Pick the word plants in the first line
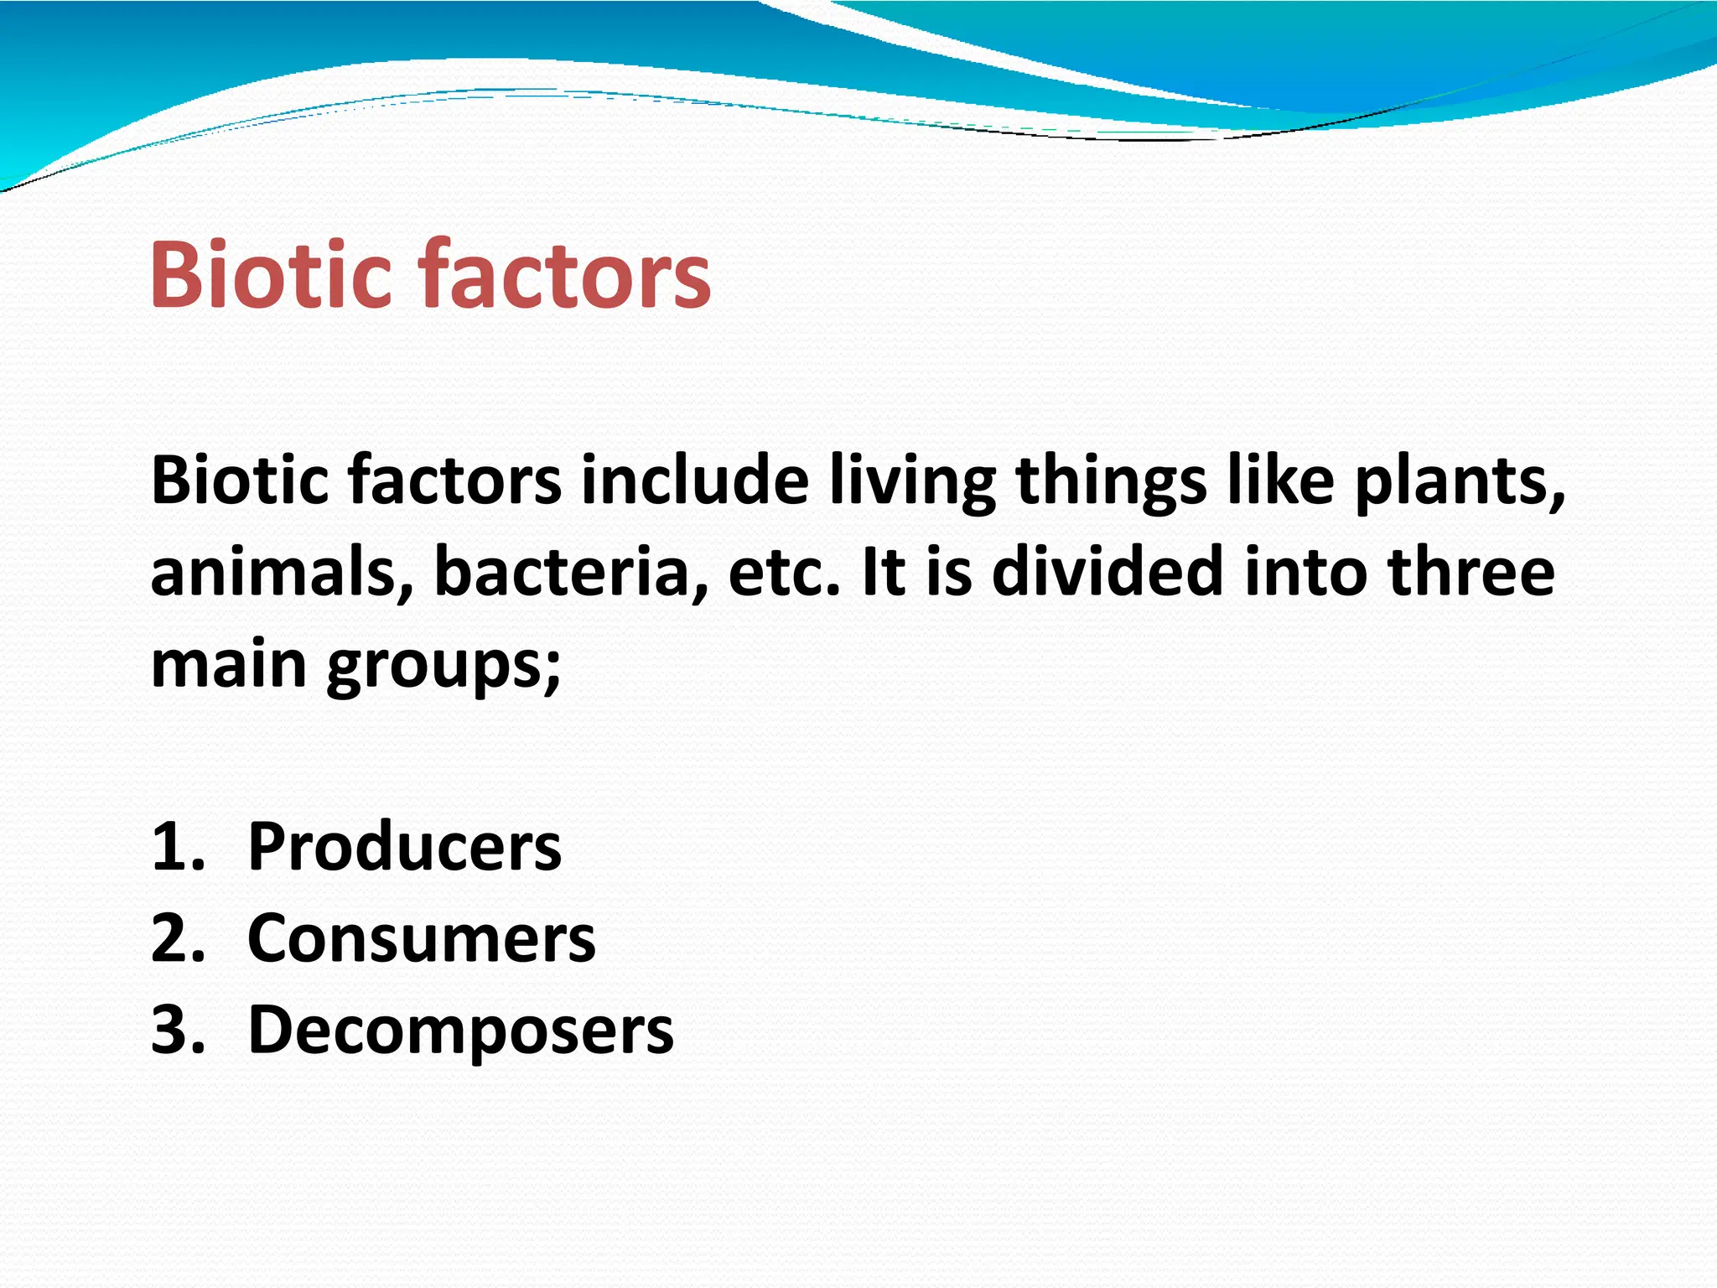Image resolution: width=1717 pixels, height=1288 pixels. coord(1460,481)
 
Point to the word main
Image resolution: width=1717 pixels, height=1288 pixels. coord(228,663)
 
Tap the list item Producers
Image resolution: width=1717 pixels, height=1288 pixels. coord(404,847)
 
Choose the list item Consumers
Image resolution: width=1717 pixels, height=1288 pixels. coord(421,938)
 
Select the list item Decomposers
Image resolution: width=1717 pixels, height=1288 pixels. coord(460,1030)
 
